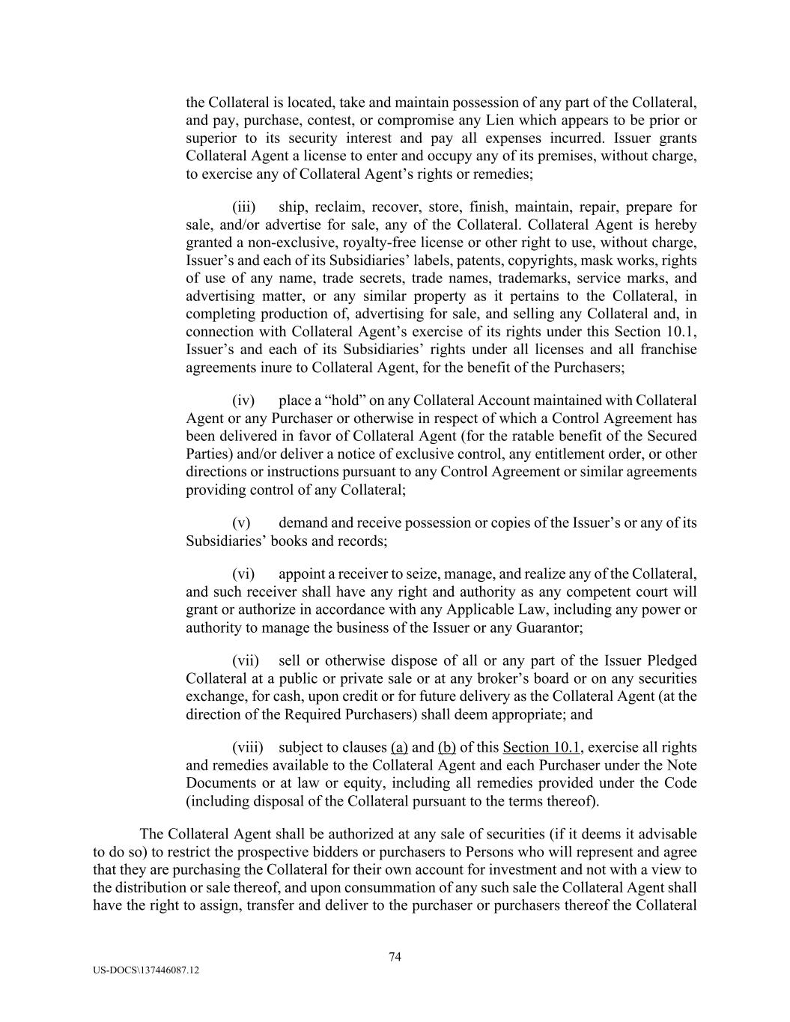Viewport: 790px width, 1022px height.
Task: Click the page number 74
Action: [395, 956]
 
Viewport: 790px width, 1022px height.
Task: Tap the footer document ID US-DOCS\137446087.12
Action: [147, 970]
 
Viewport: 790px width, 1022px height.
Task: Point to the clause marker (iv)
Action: [244, 401]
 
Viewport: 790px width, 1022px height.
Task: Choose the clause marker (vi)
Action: [244, 574]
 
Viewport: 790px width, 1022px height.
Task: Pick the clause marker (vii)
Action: [246, 660]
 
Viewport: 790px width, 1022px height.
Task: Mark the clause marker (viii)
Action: [248, 747]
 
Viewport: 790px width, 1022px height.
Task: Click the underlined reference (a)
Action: [399, 747]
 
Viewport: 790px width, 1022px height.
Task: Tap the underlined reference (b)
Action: [446, 747]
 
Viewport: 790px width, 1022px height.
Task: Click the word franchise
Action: [669, 350]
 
